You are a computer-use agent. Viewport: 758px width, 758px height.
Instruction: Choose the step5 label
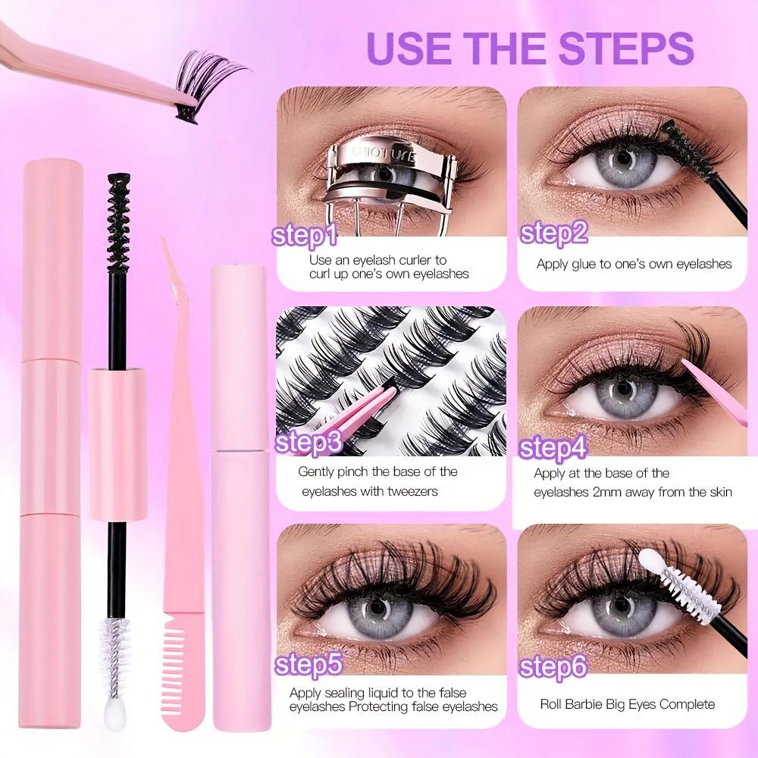(x=307, y=665)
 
